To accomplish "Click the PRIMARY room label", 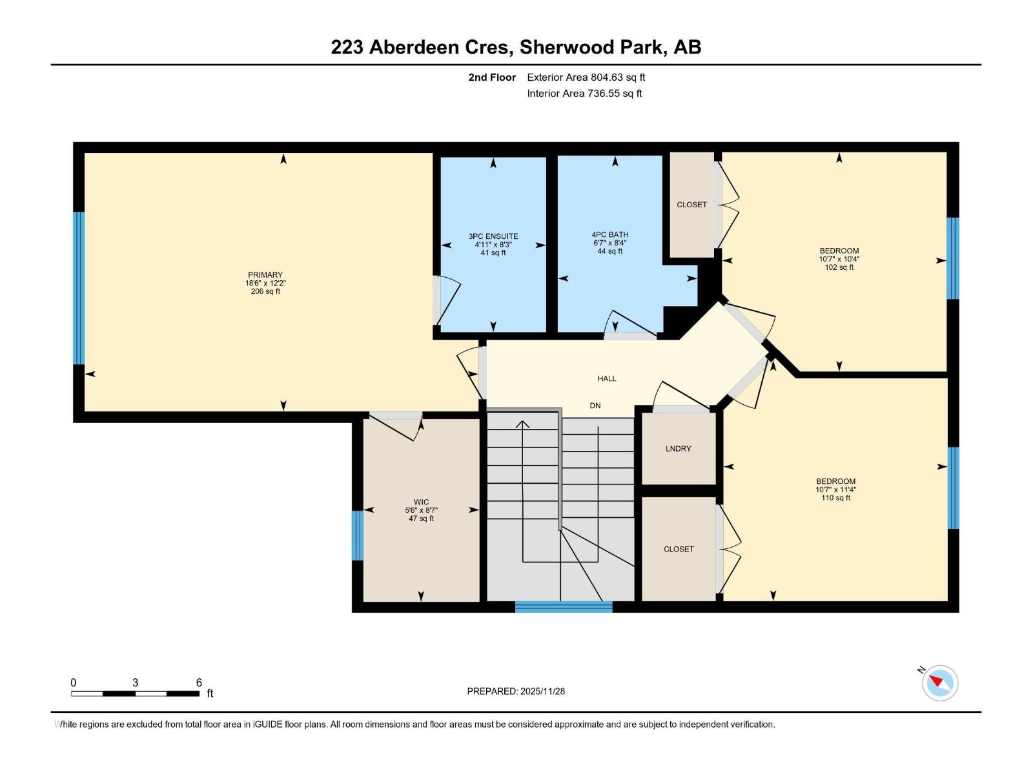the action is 265,275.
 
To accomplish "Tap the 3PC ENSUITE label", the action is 493,236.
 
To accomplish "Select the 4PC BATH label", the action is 609,234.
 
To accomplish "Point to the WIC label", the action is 421,502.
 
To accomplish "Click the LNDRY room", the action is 678,448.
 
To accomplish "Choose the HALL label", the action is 607,378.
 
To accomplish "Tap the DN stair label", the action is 595,406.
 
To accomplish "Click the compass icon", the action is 939,683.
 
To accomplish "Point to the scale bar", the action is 136,693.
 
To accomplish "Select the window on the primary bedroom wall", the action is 79,288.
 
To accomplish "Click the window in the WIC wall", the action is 358,535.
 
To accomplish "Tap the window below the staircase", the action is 564,606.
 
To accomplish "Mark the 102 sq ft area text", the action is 839,267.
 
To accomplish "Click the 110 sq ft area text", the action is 835,498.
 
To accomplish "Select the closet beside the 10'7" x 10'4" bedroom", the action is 691,205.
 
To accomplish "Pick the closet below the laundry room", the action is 678,549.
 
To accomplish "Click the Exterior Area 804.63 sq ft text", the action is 586,77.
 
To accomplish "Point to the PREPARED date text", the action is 516,691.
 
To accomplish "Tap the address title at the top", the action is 516,47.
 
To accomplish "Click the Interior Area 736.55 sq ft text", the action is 584,93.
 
